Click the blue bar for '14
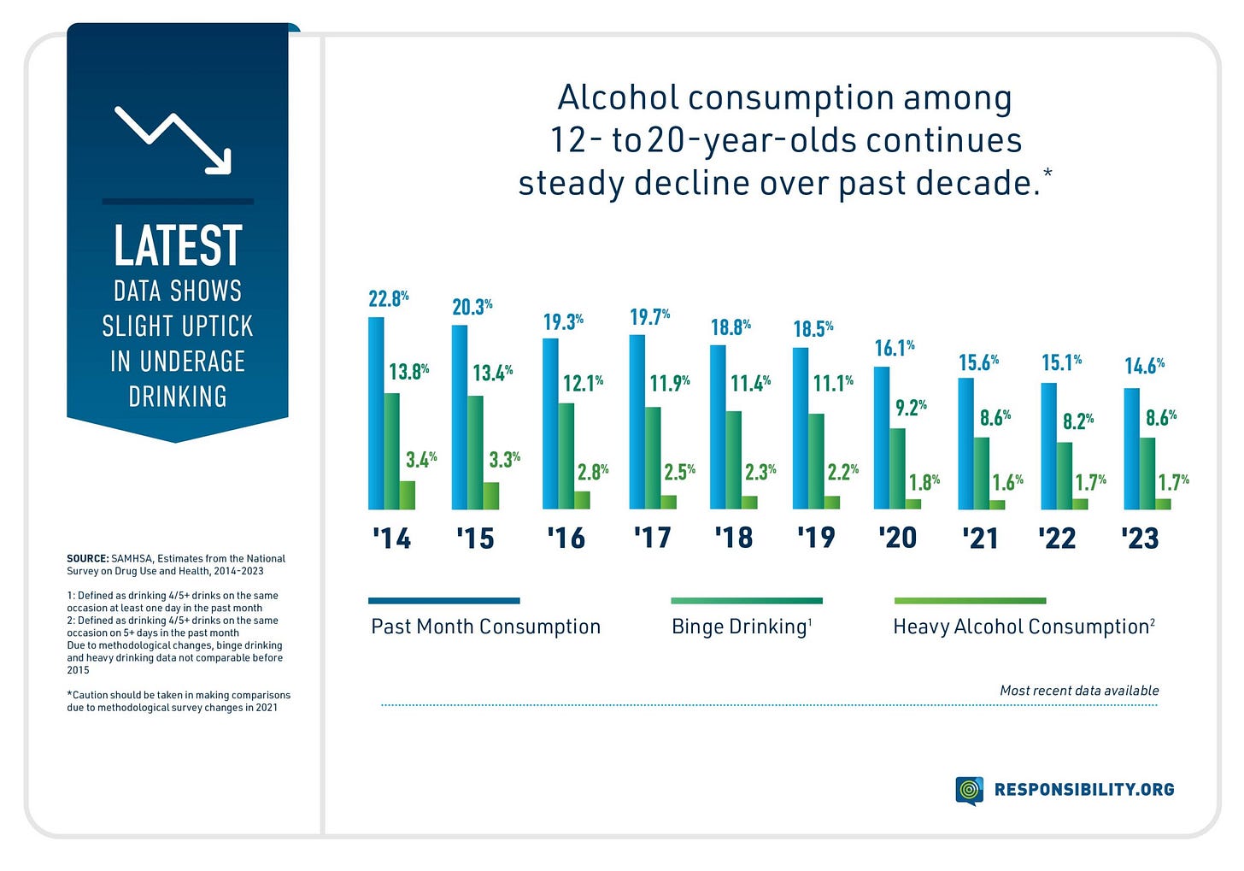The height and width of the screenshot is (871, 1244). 376,414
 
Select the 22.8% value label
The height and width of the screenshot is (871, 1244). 388,299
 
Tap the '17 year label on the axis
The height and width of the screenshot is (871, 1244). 652,538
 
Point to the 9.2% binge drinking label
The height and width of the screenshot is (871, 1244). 911,408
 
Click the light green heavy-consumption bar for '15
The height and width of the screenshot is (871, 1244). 490,496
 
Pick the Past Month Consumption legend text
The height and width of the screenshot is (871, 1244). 485,627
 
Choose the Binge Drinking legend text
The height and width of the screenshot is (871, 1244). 741,627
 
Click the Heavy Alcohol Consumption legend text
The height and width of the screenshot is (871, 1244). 1024,627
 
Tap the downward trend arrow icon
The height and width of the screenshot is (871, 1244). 173,140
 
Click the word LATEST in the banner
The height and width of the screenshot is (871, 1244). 178,246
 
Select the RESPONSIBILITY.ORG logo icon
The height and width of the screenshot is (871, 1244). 969,790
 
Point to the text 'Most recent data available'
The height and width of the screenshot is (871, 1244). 1079,691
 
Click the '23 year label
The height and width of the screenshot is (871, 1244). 1140,538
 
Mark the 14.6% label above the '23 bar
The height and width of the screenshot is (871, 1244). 1144,367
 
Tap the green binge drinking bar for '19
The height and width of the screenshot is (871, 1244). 817,462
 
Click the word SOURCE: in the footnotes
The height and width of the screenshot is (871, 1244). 88,558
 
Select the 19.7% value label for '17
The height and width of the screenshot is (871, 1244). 649,317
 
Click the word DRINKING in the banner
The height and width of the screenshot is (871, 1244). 178,397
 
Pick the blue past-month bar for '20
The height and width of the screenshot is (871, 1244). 882,438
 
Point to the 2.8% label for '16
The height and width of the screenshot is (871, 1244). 592,472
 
